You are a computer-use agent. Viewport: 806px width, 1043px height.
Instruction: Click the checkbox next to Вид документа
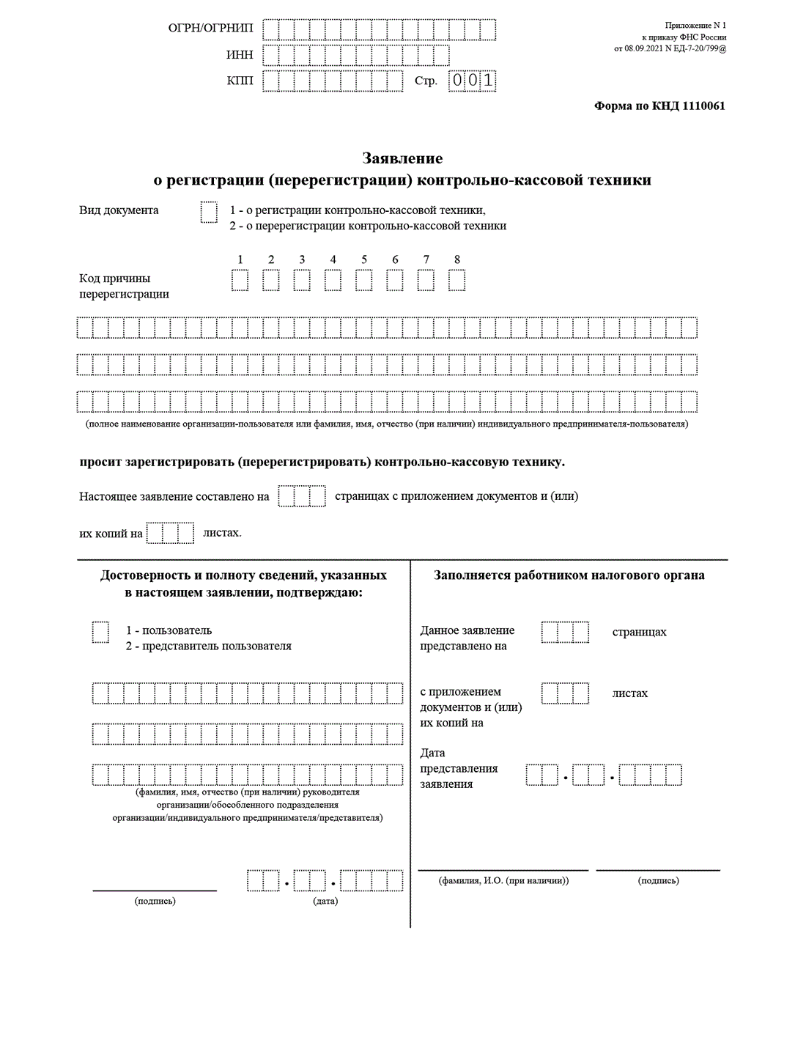tap(209, 213)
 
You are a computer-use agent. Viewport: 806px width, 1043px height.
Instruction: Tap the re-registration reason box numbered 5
tap(364, 280)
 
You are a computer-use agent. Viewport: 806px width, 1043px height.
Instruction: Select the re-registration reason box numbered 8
tap(457, 280)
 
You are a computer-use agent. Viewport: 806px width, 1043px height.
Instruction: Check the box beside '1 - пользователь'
tap(100, 632)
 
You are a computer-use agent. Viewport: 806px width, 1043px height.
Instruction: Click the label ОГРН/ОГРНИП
tap(210, 29)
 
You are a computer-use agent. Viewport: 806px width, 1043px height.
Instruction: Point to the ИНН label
tap(240, 55)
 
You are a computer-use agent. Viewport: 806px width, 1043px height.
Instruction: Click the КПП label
tap(240, 81)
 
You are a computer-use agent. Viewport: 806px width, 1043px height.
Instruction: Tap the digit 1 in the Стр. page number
tap(488, 81)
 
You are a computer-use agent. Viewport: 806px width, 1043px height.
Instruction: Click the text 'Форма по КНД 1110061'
tap(659, 106)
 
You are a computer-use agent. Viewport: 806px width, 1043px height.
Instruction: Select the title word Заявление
tap(402, 158)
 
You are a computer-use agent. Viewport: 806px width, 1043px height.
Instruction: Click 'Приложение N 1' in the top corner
tap(695, 26)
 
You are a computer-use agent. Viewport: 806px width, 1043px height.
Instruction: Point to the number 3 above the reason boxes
tap(302, 259)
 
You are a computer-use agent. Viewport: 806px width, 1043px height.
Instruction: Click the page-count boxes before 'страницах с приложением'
tap(302, 496)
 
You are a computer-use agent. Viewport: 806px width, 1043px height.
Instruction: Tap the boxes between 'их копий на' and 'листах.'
tap(170, 533)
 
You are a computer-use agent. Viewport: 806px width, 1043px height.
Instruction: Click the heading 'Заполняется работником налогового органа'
tap(569, 575)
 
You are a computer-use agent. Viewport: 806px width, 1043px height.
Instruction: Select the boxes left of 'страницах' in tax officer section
tap(565, 632)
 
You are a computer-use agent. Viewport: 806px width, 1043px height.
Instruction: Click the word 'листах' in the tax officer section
tap(630, 693)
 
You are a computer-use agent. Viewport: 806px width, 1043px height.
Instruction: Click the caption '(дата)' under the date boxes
tap(325, 901)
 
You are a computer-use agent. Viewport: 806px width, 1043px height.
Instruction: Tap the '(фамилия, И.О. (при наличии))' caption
tap(503, 880)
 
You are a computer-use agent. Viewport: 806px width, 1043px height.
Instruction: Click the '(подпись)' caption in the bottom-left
tap(155, 901)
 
